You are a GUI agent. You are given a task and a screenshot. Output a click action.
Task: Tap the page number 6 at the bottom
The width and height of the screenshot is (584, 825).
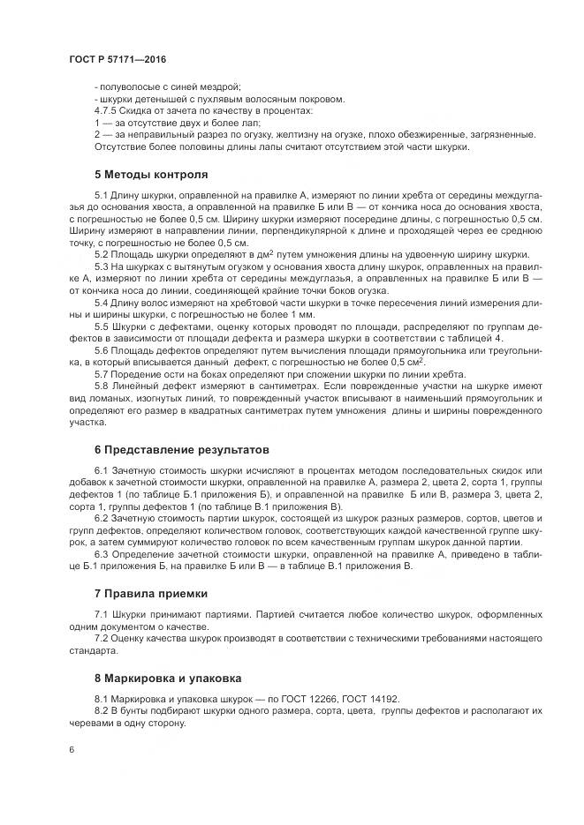(x=72, y=749)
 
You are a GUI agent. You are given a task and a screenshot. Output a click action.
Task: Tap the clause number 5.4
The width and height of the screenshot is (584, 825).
(x=100, y=303)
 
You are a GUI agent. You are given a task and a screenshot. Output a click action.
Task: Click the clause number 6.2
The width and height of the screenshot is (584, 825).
(x=100, y=518)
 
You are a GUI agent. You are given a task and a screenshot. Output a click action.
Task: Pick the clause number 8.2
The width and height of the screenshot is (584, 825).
(x=100, y=710)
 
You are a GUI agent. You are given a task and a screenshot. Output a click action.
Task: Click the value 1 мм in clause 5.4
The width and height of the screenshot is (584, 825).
(x=300, y=314)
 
